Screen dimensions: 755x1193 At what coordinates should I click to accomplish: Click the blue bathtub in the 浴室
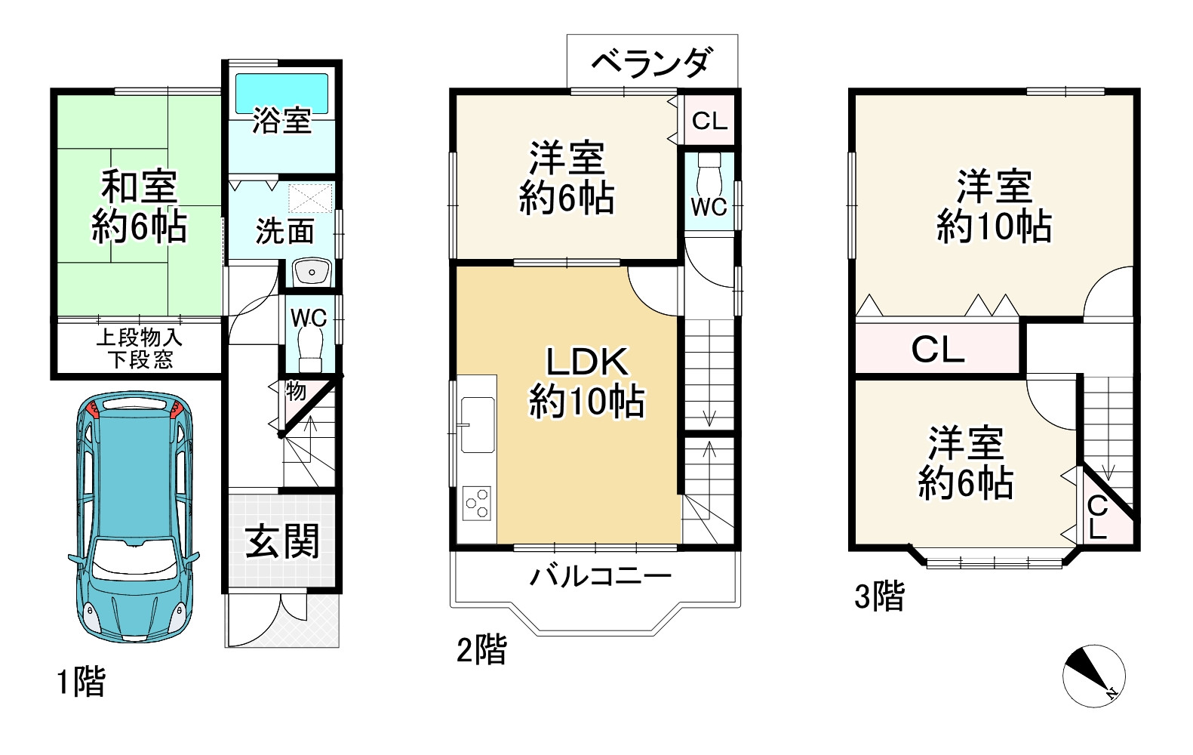pos(281,93)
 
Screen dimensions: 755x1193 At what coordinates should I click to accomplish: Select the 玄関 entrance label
pos(283,541)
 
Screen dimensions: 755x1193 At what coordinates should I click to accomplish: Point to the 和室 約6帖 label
pos(139,206)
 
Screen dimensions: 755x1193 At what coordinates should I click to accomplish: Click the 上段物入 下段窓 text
pos(139,348)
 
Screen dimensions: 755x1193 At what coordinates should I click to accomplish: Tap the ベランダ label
pos(651,62)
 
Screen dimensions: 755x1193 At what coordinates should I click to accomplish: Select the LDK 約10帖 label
pos(586,382)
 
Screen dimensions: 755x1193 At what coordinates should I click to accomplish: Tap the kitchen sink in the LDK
pos(478,424)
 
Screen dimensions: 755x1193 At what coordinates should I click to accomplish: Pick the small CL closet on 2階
pos(709,120)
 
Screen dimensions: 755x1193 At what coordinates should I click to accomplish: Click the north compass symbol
pos(1093,676)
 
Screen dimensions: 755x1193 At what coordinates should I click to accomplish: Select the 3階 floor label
pos(878,596)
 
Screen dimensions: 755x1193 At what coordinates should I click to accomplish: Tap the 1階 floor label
pos(81,682)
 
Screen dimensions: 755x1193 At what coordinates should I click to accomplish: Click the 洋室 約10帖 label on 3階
pos(994,206)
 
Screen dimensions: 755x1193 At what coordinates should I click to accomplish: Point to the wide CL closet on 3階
pos(937,349)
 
